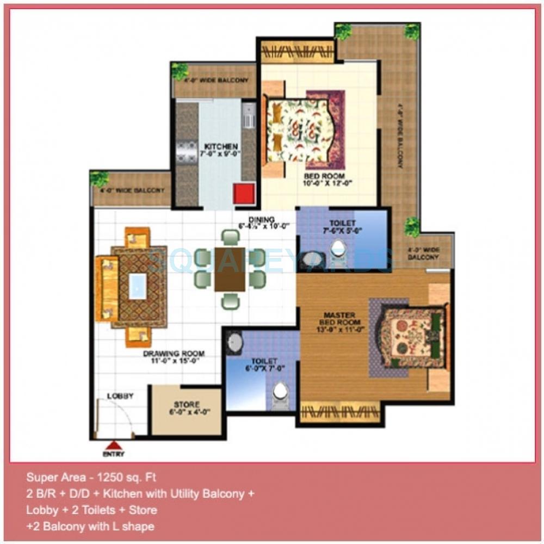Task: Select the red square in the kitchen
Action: pos(243,194)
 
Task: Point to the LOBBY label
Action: pos(120,396)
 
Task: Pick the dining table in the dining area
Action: pos(230,269)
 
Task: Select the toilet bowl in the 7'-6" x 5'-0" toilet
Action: pos(339,252)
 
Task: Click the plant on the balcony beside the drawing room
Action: pos(99,178)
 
